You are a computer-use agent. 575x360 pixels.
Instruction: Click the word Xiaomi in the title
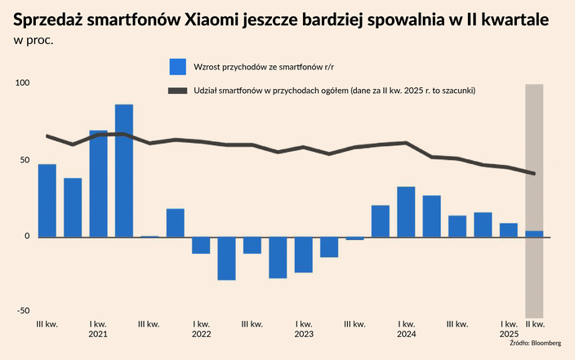[x=209, y=19]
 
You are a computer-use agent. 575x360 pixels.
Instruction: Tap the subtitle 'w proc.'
[x=33, y=39]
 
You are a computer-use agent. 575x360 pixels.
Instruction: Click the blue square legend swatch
[x=179, y=66]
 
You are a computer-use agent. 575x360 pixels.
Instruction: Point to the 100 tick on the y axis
[x=21, y=82]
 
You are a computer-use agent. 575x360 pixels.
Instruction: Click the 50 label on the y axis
[x=24, y=160]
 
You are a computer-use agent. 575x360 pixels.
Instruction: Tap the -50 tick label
[x=22, y=310]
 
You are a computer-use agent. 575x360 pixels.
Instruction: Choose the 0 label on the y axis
[x=26, y=237]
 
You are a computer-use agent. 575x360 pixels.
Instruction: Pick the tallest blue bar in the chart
[x=124, y=171]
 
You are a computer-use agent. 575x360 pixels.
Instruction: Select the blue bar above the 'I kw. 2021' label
[x=99, y=184]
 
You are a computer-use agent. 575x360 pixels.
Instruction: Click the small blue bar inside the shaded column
[x=534, y=234]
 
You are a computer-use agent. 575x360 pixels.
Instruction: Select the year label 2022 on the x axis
[x=201, y=335]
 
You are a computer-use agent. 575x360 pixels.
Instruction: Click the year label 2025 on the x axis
[x=509, y=335]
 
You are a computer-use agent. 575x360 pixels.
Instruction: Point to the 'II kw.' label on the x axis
[x=535, y=324]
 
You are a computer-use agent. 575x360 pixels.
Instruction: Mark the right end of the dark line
[x=534, y=173]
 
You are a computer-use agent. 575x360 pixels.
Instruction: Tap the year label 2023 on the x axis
[x=304, y=335]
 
